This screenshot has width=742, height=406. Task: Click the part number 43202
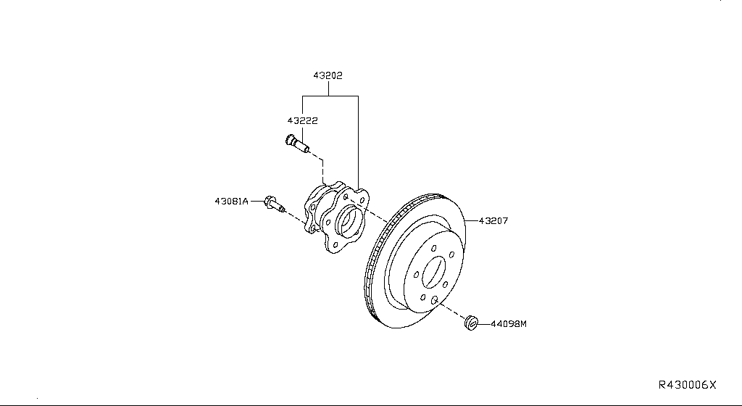[x=328, y=75]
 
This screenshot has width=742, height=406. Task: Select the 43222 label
[x=303, y=120]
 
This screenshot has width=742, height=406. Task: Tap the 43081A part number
[x=231, y=200]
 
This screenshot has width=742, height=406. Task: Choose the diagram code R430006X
[x=686, y=384]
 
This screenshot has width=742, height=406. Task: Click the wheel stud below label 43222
[x=297, y=145]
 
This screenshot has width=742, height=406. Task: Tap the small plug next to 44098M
[x=472, y=321]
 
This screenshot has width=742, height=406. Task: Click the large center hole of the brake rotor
[x=433, y=273]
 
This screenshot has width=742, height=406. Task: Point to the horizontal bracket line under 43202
[x=330, y=96]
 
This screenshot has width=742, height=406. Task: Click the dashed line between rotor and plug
[x=451, y=310]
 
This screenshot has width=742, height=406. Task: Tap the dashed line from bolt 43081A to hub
[x=293, y=215]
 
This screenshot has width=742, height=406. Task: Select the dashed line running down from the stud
[x=322, y=170]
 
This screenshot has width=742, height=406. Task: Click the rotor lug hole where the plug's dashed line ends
[x=433, y=299]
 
